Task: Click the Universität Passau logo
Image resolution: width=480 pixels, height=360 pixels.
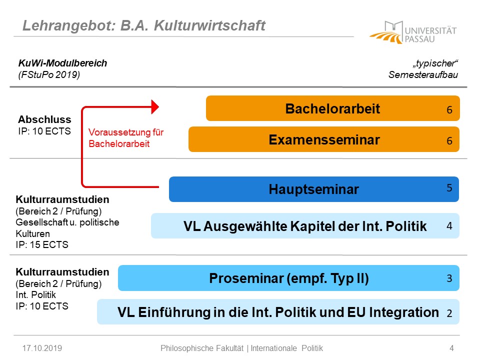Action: [413, 32]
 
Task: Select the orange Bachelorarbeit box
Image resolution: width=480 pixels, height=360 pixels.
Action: [333, 108]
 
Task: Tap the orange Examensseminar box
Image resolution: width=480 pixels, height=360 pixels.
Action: [324, 139]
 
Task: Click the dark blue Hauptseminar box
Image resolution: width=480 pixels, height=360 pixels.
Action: [314, 189]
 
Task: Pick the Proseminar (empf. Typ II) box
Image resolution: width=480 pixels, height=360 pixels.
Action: [288, 278]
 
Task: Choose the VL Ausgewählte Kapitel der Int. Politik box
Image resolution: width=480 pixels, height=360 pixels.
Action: [305, 226]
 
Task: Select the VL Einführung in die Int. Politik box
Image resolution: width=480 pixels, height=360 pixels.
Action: [278, 312]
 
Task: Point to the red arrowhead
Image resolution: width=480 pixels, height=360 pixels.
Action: [155, 107]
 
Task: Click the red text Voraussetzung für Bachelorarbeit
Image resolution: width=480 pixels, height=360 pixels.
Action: [126, 138]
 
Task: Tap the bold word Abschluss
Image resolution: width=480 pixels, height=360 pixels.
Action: [44, 119]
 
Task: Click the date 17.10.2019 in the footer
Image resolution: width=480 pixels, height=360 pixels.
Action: [42, 348]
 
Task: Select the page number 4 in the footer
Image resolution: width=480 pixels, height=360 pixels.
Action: [451, 348]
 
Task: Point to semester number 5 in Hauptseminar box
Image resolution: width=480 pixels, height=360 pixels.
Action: [449, 187]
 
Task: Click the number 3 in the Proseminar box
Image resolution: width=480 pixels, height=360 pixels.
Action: [449, 278]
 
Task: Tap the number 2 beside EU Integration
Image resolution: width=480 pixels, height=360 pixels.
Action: [449, 313]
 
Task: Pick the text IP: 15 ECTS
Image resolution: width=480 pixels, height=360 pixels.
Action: [42, 244]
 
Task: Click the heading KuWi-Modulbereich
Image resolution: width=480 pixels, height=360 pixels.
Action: [63, 63]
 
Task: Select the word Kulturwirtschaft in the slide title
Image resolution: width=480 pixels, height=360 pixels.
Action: [209, 25]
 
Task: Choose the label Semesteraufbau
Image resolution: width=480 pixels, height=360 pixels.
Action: [423, 74]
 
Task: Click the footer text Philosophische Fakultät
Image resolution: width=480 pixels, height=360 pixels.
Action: [202, 348]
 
